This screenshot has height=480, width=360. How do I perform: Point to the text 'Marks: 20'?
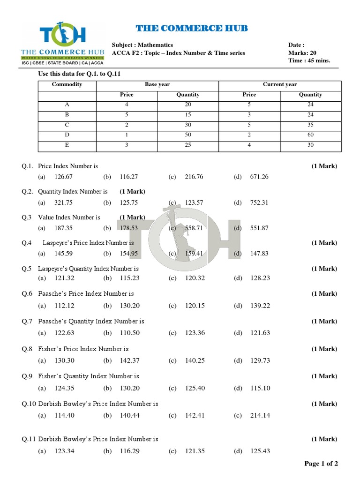[302, 53]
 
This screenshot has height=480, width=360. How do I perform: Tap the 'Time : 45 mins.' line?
[309, 60]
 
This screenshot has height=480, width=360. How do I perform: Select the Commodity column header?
[67, 84]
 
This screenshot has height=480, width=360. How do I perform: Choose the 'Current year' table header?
[280, 84]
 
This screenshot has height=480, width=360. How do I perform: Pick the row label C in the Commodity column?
[67, 125]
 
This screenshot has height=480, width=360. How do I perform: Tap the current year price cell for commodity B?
[249, 115]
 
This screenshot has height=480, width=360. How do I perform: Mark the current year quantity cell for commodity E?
[310, 145]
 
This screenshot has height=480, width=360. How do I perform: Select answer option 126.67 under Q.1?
[64, 177]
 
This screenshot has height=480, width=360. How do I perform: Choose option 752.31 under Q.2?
[259, 203]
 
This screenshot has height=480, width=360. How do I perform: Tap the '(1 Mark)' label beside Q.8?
[324, 349]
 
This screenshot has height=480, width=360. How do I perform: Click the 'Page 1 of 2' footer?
[321, 464]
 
